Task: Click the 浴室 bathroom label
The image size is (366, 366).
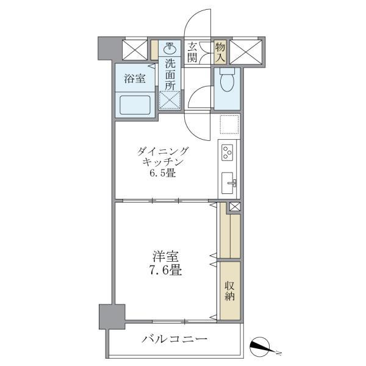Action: (x=134, y=78)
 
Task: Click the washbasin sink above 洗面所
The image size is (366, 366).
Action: (x=170, y=48)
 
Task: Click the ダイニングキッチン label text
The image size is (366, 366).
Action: (x=162, y=157)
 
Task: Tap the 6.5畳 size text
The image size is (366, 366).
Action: (x=162, y=174)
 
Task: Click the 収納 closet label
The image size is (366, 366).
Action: (x=230, y=292)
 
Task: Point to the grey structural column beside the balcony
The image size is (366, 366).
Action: (x=112, y=317)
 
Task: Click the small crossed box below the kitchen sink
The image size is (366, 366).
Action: (x=234, y=206)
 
